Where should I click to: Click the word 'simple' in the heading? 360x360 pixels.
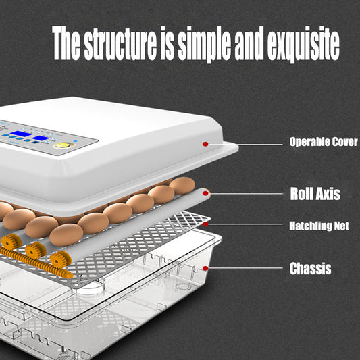201,45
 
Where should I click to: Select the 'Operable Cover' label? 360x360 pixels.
324,142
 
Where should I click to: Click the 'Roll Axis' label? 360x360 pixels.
315,195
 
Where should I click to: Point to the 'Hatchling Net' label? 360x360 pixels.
319,226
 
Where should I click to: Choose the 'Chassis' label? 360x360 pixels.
310,269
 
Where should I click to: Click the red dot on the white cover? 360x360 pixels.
205,143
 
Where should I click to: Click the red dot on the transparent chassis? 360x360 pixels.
205,268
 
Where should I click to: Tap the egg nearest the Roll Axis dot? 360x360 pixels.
182,185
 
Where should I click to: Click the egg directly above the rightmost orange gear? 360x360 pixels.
66,234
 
